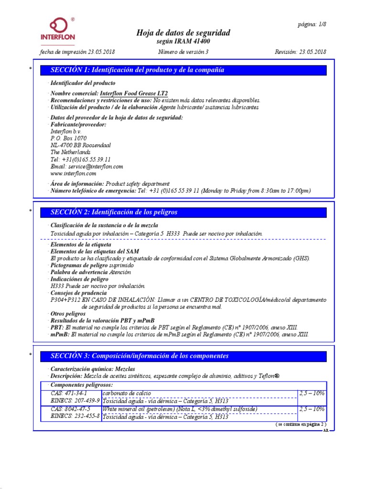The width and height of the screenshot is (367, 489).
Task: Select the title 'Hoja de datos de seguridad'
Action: point(183,32)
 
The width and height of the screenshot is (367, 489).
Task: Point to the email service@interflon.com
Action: point(86,167)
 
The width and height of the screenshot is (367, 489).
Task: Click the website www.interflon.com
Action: point(73,174)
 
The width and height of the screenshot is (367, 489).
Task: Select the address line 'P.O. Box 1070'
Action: point(68,138)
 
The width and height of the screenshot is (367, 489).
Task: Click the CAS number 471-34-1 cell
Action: point(69,393)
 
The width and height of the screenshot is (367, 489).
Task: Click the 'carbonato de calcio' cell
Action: point(127,393)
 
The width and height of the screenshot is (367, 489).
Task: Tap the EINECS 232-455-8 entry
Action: point(75,416)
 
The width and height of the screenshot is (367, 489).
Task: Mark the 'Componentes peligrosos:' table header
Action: point(82,385)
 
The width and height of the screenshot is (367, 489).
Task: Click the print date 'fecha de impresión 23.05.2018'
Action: point(76,52)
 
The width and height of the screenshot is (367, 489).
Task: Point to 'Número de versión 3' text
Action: point(183,52)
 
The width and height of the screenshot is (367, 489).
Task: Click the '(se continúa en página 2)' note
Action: point(300,424)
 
